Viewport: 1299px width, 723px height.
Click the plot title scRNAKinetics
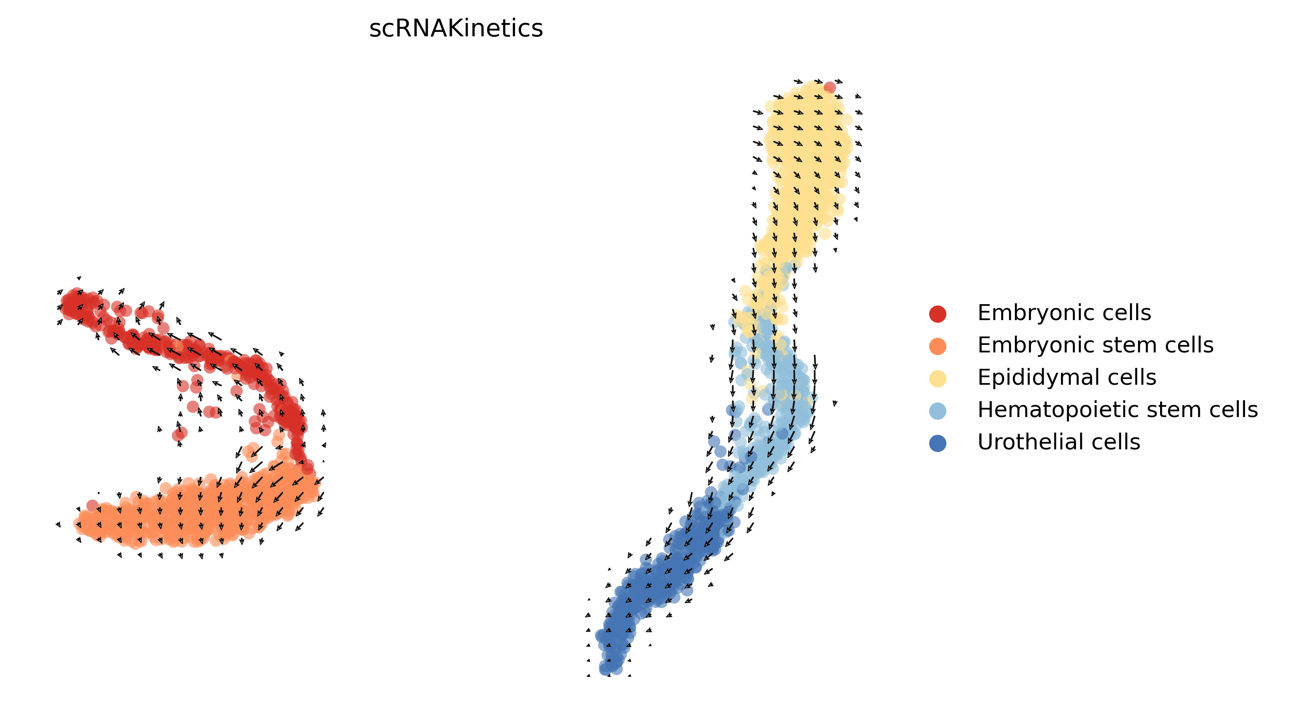point(456,28)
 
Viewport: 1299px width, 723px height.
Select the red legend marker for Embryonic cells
point(938,313)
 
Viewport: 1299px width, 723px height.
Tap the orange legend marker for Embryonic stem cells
point(938,346)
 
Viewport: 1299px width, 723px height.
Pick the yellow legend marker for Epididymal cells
point(938,378)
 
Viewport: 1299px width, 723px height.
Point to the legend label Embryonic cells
point(1064,313)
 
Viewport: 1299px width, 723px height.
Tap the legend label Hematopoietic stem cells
point(1118,410)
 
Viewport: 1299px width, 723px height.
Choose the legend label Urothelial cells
point(1058,442)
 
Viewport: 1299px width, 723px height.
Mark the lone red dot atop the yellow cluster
point(830,88)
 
